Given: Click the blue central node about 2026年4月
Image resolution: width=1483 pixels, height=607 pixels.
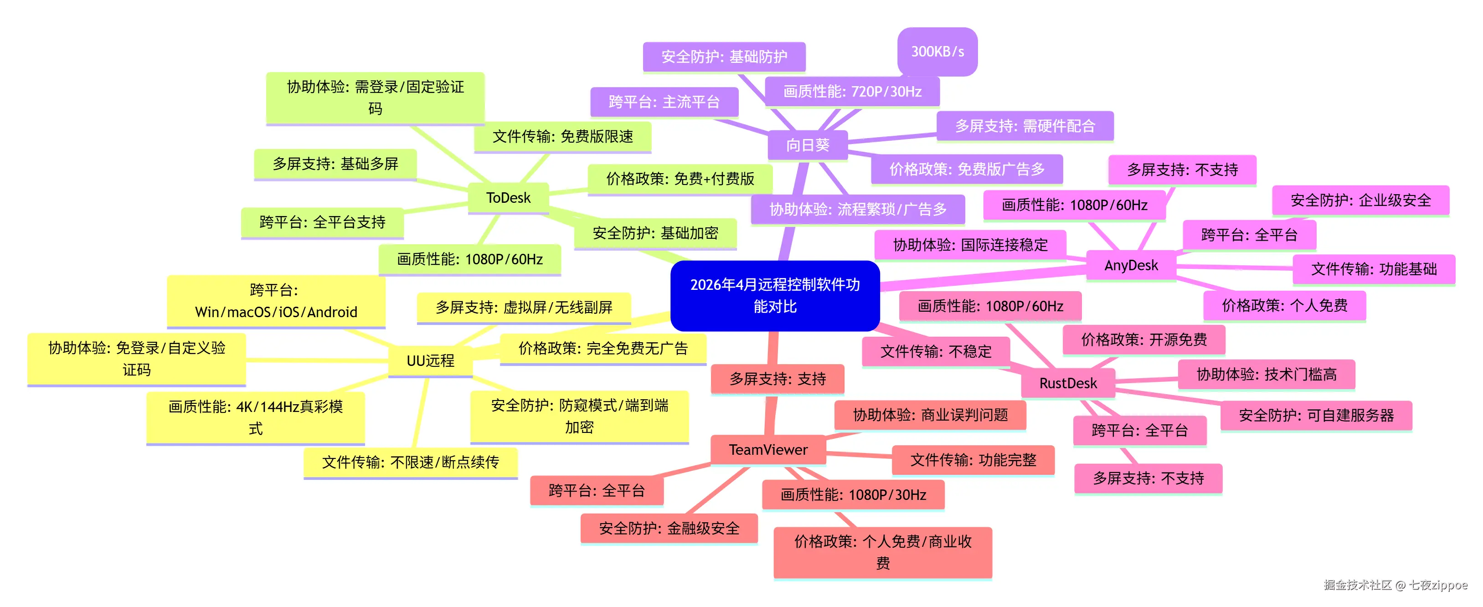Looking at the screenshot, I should point(774,295).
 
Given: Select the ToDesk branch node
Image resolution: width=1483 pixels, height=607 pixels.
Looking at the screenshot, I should point(508,197).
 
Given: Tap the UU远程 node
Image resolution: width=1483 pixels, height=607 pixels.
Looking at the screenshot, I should point(430,360).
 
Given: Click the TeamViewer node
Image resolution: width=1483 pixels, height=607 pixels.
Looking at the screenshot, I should point(768,450).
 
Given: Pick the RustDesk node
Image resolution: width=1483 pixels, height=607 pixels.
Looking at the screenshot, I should point(1068,383).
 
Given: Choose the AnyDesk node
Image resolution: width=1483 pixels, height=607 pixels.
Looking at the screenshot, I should point(1131,266).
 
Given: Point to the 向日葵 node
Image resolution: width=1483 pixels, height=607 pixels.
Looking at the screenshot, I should point(808,145).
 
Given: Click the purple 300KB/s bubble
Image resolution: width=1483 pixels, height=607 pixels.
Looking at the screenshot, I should point(937,51).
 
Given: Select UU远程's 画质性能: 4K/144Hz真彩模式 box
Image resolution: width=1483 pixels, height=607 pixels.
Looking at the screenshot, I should point(256,417).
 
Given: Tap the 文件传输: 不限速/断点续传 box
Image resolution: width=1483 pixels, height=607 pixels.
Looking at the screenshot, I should point(411,462).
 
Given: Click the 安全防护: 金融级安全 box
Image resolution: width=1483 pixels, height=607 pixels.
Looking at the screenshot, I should point(669,528).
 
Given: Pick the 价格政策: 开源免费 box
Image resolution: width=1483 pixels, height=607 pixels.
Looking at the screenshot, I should point(1143,340).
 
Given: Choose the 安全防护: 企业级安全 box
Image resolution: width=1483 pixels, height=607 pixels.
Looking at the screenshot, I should point(1360,201).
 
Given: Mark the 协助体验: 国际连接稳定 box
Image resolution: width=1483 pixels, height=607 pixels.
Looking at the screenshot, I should point(970,245).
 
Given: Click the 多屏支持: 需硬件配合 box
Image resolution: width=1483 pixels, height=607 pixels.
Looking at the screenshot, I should point(1025,126).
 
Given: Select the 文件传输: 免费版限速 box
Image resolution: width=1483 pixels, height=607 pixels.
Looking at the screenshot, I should point(562,137).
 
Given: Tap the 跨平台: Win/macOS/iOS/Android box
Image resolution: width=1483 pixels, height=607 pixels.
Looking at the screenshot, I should point(276,301).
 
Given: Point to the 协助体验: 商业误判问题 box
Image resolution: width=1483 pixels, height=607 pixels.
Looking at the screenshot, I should point(930,415).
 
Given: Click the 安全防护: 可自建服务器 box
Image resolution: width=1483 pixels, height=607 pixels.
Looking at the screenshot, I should point(1316,415).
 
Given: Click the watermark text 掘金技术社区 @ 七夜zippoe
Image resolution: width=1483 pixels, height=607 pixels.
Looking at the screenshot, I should point(1395,585).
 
